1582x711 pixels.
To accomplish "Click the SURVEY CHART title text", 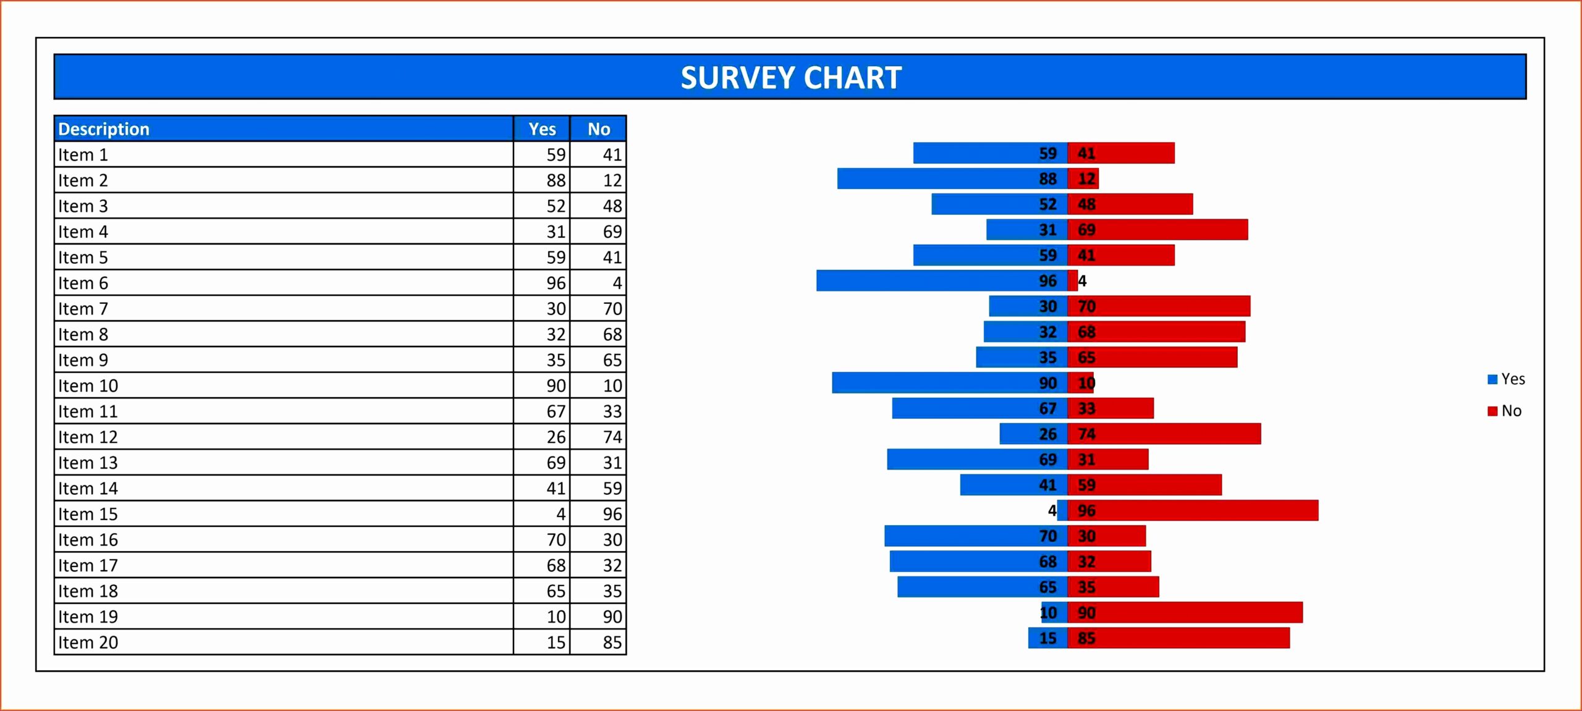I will point(791,78).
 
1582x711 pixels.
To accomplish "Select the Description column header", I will point(104,129).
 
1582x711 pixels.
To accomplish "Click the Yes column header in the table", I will point(542,129).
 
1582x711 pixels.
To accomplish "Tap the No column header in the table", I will point(598,129).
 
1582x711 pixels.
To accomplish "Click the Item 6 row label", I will point(83,283).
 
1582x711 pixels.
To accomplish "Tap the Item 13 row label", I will point(88,463).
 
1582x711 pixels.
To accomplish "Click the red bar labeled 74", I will point(1174,434).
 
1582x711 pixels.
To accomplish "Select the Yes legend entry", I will point(1507,379).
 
